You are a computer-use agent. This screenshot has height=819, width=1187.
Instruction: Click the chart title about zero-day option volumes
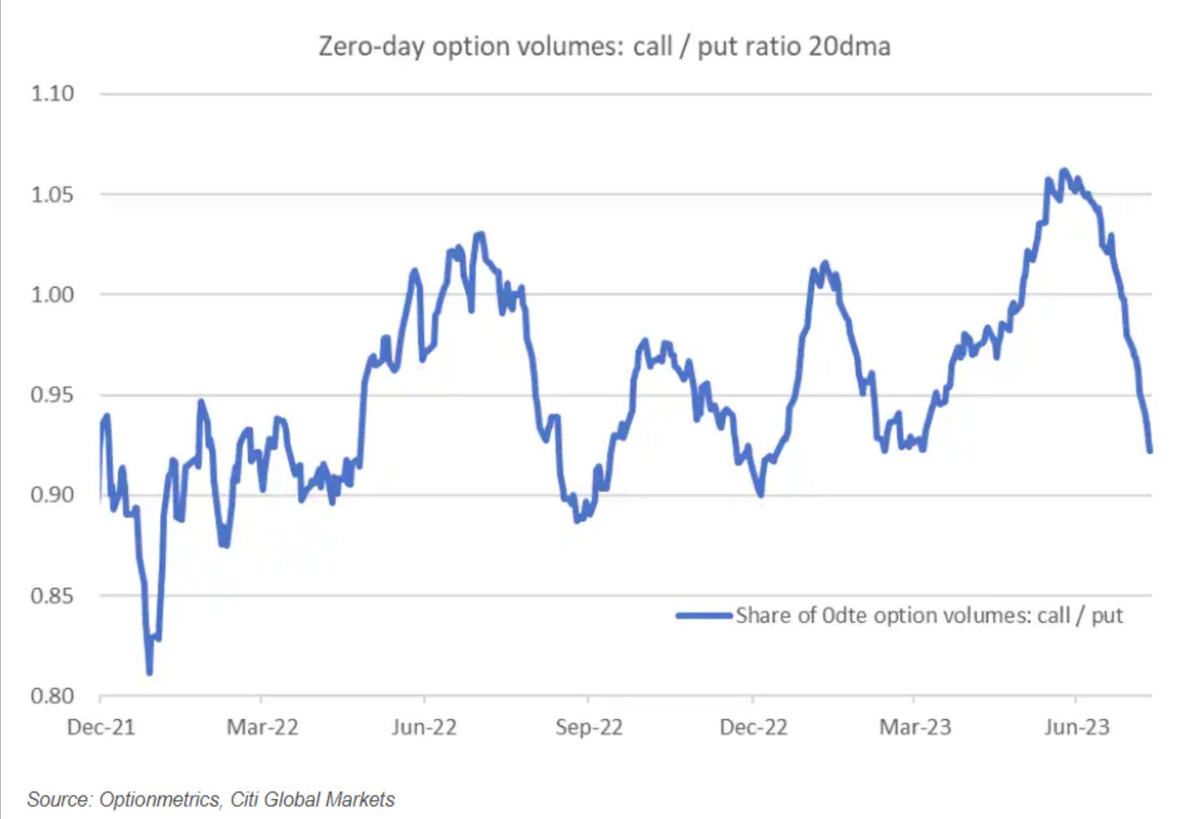point(604,46)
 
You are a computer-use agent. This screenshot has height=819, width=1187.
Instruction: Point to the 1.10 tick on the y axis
point(53,93)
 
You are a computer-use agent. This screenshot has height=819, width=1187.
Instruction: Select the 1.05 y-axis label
point(53,195)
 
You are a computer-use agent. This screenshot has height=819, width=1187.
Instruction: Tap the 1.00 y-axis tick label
point(53,295)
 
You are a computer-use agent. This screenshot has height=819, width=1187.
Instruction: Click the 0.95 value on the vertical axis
point(53,395)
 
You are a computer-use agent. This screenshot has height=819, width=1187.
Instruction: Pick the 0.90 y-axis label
point(53,495)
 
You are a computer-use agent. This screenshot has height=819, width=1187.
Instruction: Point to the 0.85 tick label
point(53,596)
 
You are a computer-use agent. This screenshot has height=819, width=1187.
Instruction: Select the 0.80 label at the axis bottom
point(53,696)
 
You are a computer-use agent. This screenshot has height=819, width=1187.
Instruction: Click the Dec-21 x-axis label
point(101,727)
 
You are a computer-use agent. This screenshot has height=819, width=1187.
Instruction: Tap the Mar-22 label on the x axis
point(262,727)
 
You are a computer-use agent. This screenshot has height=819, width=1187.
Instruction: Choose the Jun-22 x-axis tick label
point(424,727)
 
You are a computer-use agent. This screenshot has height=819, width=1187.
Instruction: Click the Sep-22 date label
point(588,727)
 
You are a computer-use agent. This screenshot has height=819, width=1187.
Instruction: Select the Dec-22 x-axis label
point(753,727)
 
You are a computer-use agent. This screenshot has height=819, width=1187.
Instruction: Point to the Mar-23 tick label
point(914,727)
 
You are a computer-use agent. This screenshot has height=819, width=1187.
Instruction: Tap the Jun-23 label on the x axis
point(1076,727)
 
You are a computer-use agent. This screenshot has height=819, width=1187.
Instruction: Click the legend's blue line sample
point(704,616)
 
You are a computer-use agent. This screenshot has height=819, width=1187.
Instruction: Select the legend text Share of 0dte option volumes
point(929,616)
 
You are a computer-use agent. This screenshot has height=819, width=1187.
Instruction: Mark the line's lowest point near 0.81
point(149,672)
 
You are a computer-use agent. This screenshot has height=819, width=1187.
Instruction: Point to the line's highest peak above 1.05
point(1063,171)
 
